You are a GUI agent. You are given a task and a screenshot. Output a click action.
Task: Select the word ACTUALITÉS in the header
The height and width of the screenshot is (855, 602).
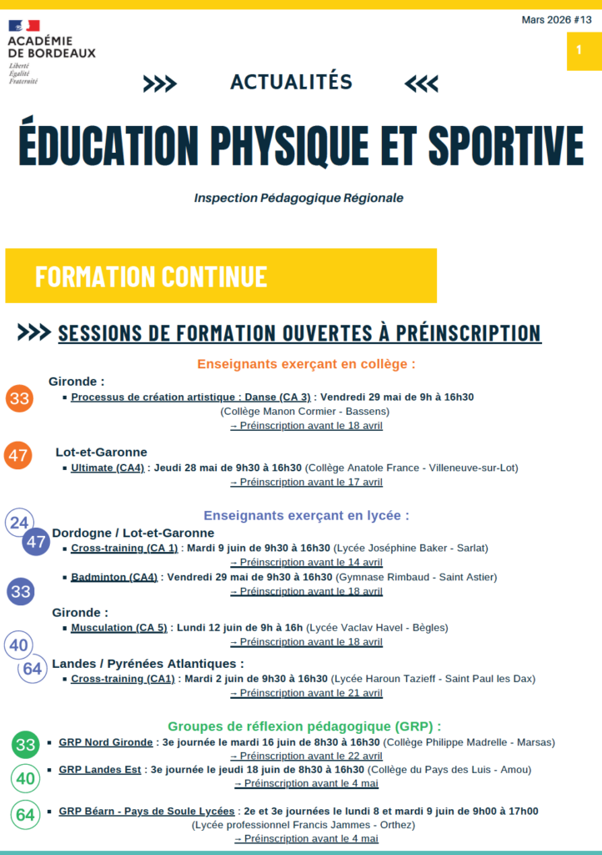click(x=291, y=82)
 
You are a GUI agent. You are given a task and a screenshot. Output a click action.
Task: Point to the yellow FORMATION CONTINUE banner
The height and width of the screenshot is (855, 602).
click(x=221, y=276)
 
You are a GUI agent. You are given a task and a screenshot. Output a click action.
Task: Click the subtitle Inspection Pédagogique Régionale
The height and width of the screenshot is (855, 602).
click(x=298, y=198)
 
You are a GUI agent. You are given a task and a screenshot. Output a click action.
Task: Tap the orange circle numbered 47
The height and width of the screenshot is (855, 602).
click(x=18, y=456)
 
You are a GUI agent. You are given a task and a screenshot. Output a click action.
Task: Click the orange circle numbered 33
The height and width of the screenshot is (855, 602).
click(x=19, y=398)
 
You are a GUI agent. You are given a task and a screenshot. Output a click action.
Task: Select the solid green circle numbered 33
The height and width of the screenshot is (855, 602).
click(x=26, y=745)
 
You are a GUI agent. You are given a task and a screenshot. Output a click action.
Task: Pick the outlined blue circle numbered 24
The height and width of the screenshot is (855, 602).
click(x=18, y=524)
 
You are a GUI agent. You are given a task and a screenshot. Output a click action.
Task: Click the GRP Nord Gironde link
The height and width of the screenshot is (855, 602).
click(x=106, y=741)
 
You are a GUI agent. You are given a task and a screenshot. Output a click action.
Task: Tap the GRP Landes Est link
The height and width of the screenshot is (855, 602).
click(x=100, y=769)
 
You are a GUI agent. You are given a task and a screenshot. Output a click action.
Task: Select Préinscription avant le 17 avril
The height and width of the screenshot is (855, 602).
click(x=306, y=482)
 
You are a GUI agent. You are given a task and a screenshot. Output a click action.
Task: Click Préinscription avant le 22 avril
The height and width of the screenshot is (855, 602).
click(x=306, y=756)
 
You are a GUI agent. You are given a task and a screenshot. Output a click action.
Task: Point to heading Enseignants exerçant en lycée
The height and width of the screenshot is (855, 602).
click(x=306, y=515)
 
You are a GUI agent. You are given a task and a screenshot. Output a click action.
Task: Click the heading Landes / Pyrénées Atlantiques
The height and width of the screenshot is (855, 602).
click(x=148, y=663)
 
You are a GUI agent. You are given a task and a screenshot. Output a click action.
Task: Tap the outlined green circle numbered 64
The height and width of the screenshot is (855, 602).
click(x=26, y=814)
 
